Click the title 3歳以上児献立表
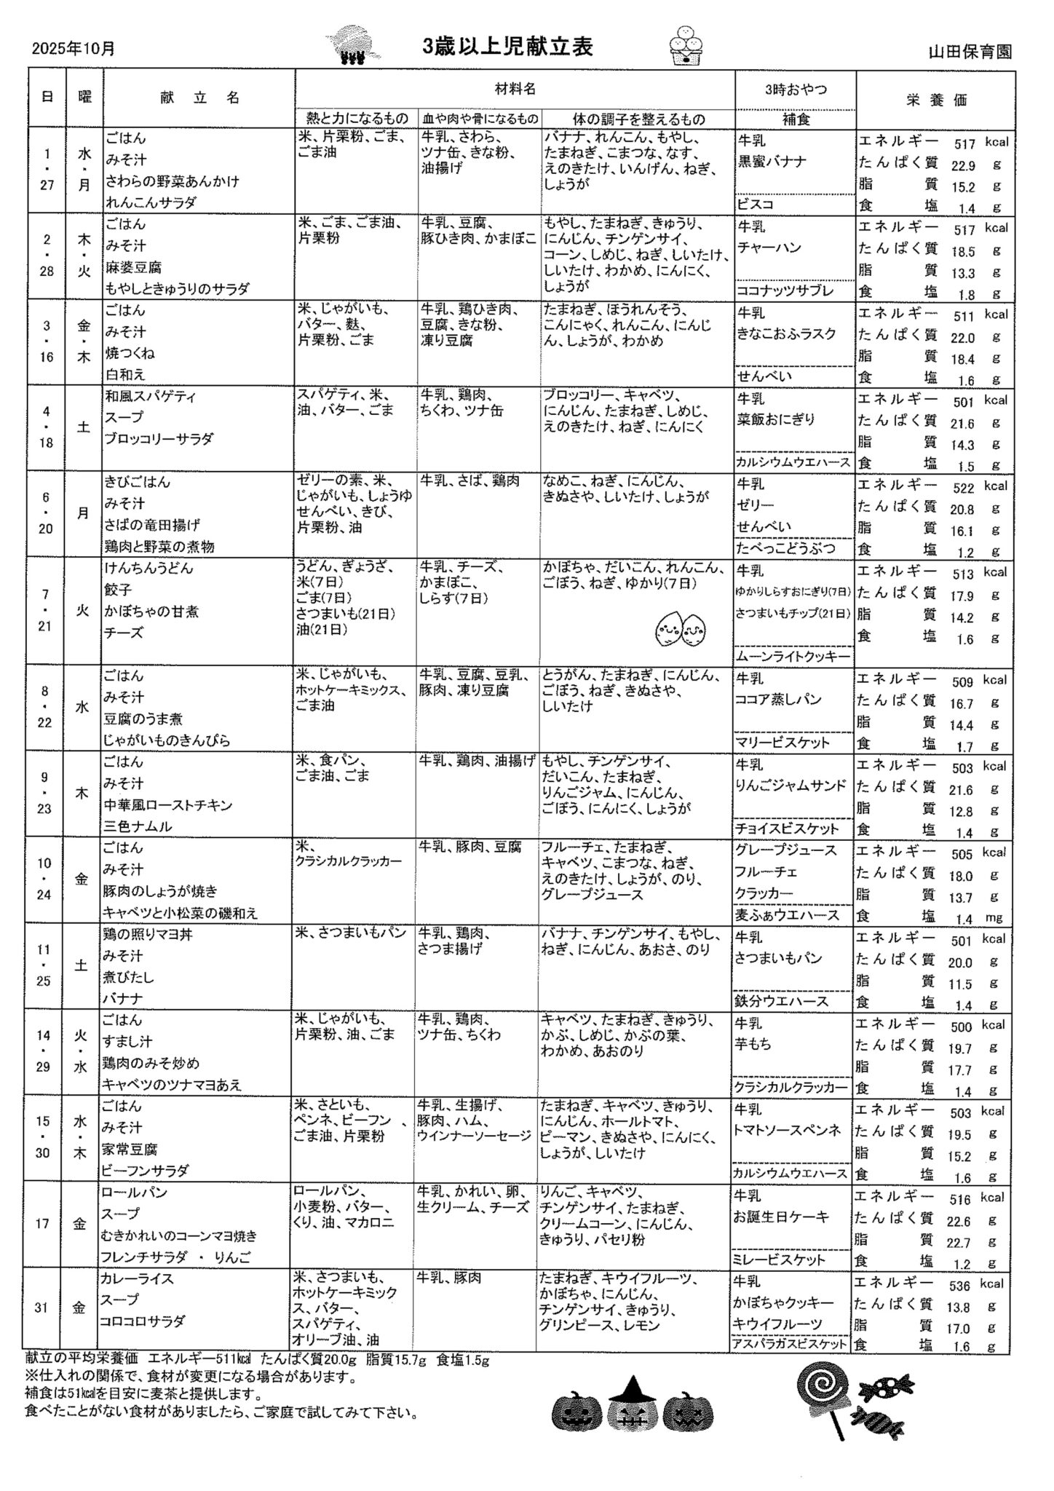(x=508, y=47)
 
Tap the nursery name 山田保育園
(x=970, y=52)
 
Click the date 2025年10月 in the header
(x=74, y=49)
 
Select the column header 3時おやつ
(x=796, y=90)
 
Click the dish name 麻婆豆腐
(x=133, y=268)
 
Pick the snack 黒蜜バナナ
(x=772, y=162)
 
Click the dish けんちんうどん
(x=149, y=569)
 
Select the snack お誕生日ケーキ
(x=782, y=1217)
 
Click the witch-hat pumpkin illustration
(x=632, y=1407)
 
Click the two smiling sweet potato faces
(x=681, y=628)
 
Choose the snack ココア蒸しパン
(x=778, y=700)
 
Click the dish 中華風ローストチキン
(x=168, y=805)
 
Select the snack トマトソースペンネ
(x=788, y=1130)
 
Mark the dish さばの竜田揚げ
(x=152, y=525)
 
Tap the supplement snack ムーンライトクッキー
(x=793, y=657)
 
